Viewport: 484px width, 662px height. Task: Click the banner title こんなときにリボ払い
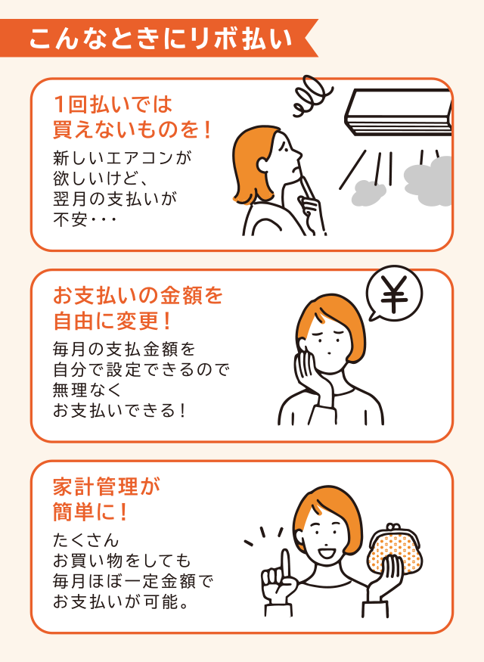(x=160, y=39)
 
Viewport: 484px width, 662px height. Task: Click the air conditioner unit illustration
(x=399, y=113)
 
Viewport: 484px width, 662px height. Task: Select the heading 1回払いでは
(x=113, y=104)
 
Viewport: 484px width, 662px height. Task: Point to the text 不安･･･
(x=85, y=219)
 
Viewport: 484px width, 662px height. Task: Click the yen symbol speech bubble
(x=394, y=294)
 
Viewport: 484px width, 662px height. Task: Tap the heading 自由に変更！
(x=113, y=321)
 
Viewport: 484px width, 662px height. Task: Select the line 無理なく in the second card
(x=88, y=390)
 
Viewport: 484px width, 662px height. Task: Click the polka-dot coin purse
(x=395, y=549)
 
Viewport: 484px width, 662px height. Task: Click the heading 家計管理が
(x=107, y=486)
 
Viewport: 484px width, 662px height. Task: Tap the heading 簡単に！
(x=90, y=511)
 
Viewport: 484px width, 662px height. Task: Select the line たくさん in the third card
(x=86, y=540)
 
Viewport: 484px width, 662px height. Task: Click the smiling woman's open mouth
(x=327, y=552)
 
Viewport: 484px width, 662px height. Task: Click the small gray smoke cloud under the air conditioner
(x=368, y=194)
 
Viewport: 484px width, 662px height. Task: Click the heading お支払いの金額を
(x=138, y=296)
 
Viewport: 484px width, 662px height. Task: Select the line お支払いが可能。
(x=121, y=601)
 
